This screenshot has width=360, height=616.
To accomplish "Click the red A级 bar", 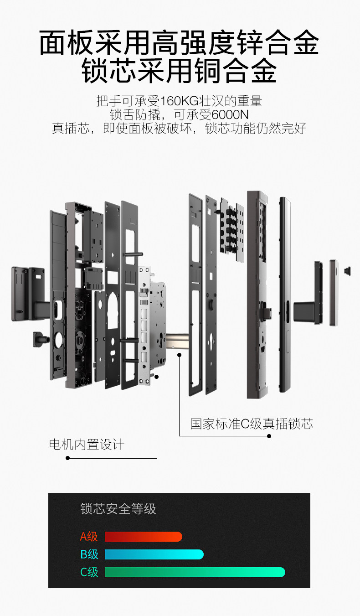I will point(143,537).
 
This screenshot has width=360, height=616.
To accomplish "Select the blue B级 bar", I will point(154,554).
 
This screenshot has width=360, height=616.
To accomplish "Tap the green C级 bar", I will point(195,572).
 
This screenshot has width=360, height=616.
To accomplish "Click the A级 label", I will point(89,537).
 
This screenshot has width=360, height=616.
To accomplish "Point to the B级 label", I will point(89,554).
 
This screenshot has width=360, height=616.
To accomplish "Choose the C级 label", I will point(89,572).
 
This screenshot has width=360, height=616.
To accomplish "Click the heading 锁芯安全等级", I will point(118,509).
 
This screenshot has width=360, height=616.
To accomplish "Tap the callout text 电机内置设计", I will point(87,445).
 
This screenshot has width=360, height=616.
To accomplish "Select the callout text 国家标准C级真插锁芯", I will point(252,424).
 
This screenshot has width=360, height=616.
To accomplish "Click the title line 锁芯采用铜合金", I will point(180,71).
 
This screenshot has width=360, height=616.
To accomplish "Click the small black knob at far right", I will point(348,271).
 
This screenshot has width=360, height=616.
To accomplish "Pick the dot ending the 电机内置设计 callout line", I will point(67,458).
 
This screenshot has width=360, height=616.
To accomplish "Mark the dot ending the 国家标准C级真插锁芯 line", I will point(269,436).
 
